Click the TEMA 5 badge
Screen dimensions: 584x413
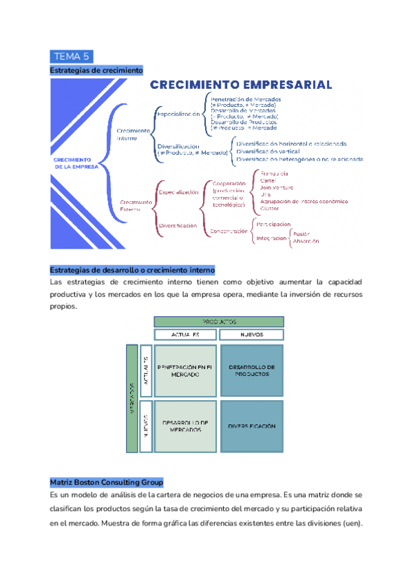(72, 56)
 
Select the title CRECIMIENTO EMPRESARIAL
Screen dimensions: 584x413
(241, 85)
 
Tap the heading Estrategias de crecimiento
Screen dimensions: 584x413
(96, 70)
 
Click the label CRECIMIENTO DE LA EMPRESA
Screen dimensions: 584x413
(76, 163)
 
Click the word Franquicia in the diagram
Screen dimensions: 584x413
(274, 173)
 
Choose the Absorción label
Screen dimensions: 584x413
(306, 242)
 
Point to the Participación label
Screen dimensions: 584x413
(273, 225)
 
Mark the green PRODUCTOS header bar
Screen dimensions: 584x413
(218, 322)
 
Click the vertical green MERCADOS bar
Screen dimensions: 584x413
(131, 398)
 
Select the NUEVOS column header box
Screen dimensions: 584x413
(251, 335)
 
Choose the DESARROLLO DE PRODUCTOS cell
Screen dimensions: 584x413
(251, 371)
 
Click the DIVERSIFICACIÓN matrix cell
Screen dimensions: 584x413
(251, 426)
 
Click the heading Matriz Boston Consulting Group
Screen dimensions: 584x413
(107, 481)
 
